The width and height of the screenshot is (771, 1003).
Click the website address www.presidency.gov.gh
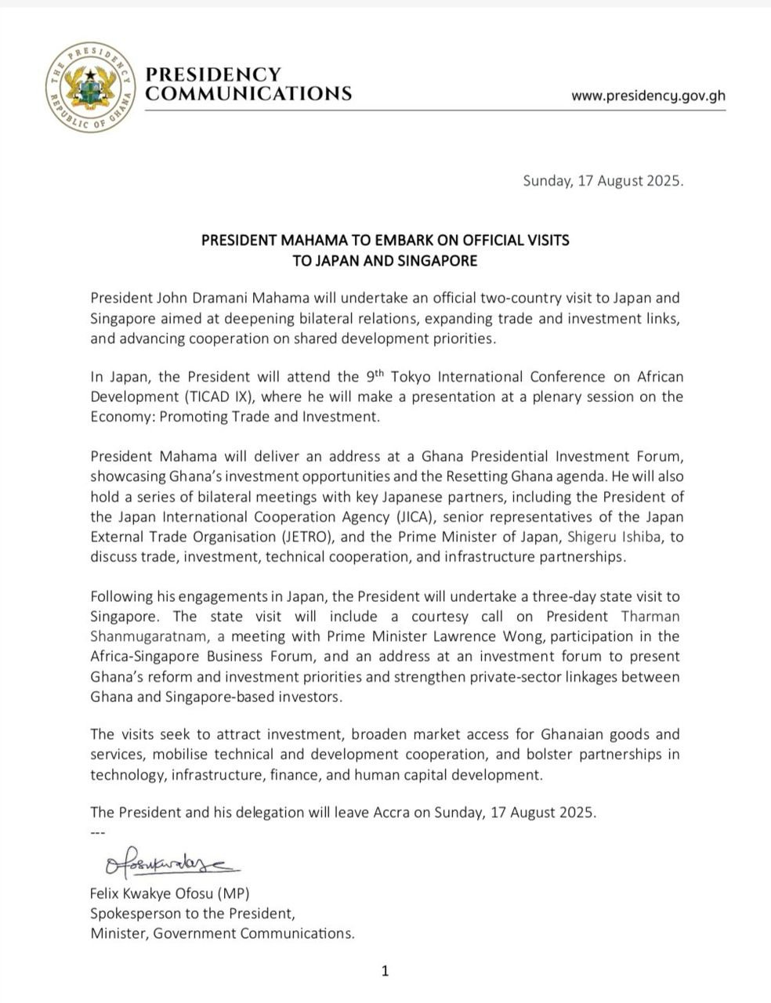(648, 96)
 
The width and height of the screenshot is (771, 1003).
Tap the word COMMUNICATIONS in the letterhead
(249, 94)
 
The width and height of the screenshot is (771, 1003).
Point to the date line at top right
(603, 181)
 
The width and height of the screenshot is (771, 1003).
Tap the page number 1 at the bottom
(385, 972)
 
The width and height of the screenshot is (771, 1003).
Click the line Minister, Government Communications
(223, 933)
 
